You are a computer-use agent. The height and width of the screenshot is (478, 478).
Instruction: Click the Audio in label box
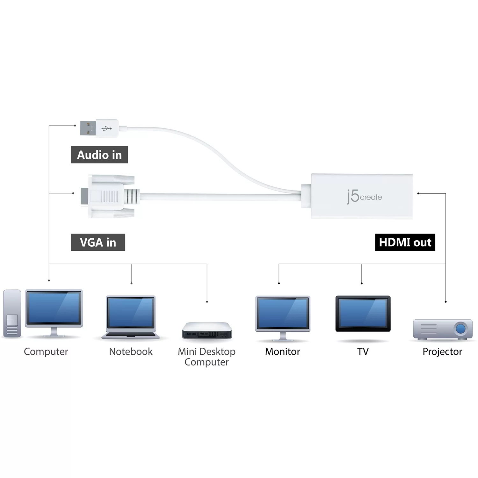click(x=99, y=155)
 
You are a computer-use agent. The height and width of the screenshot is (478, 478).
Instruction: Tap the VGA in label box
click(x=98, y=243)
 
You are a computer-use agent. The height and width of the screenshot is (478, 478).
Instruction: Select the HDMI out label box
click(x=405, y=243)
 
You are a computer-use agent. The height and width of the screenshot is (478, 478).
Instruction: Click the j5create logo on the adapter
click(x=364, y=197)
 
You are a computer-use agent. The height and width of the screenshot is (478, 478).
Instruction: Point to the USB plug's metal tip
click(x=88, y=128)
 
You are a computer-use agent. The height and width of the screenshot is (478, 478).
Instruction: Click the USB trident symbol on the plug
click(x=107, y=128)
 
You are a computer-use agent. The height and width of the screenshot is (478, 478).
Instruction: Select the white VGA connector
click(x=110, y=196)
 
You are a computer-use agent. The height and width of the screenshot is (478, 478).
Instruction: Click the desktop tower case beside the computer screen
click(x=12, y=313)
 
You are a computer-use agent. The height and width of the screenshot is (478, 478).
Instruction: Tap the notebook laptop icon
click(x=131, y=317)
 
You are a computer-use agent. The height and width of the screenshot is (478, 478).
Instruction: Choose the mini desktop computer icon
click(x=207, y=330)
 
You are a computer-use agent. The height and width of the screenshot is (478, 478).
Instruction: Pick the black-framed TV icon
click(x=363, y=314)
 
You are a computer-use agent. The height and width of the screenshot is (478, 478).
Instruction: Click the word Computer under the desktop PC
click(x=46, y=351)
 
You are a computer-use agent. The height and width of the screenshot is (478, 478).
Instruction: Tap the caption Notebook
click(x=131, y=351)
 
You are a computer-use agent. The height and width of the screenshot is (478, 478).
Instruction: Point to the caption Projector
click(x=442, y=351)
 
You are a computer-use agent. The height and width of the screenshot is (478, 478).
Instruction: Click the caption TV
click(x=363, y=351)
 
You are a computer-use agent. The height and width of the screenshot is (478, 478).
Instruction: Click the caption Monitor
click(x=283, y=351)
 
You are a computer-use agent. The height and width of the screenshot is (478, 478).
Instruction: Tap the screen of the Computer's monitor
click(x=54, y=308)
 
